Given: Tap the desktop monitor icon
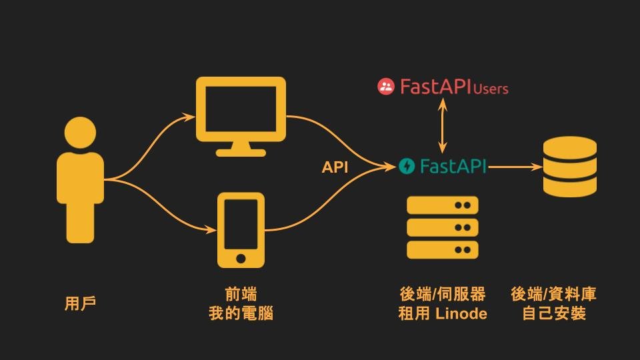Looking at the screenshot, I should [241, 113].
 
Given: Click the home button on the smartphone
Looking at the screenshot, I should [241, 257].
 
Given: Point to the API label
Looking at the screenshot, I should [335, 167].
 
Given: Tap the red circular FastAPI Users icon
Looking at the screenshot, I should [386, 87].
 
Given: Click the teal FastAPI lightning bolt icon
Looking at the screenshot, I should [406, 166].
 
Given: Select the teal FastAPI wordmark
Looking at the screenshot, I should [453, 166].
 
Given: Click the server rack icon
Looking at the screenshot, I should [442, 227].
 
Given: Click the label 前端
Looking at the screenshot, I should [241, 294].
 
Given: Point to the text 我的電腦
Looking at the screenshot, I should [241, 313].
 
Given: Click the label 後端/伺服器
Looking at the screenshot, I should [442, 294].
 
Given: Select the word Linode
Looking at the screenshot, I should [461, 313].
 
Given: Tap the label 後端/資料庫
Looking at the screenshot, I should [553, 294].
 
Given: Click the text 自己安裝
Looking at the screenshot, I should [553, 313].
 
